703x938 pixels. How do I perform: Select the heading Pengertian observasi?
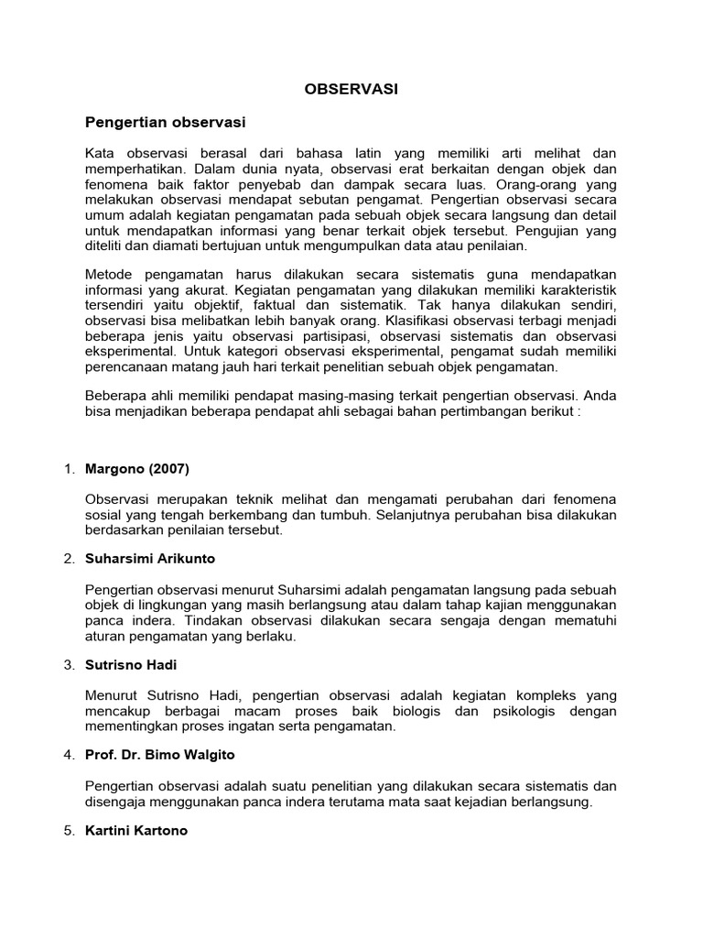[x=166, y=122]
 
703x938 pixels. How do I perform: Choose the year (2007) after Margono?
[x=167, y=469]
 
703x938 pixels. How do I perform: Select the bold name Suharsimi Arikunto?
[x=151, y=558]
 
